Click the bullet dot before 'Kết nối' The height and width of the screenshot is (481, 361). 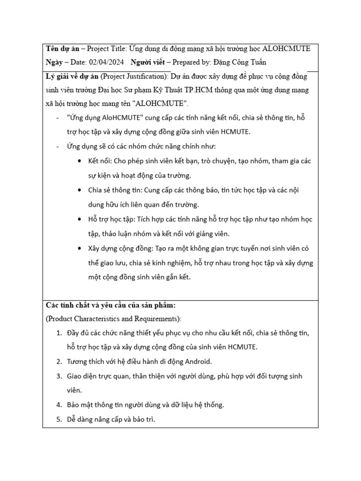point(78,161)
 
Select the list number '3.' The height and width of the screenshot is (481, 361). point(59,376)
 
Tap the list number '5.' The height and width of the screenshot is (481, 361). point(59,419)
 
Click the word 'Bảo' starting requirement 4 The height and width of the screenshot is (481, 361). point(75,404)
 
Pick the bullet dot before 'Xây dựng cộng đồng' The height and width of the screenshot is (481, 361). point(78,248)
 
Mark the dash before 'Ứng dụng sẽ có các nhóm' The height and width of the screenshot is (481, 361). point(57,147)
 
